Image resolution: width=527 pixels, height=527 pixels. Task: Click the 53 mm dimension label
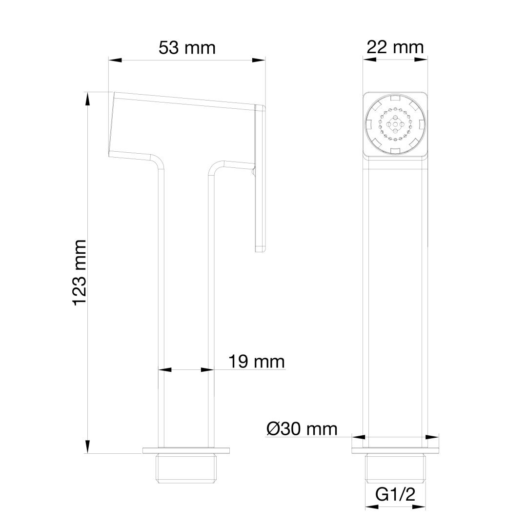click(187, 48)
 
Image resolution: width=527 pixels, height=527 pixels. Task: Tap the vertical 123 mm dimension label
click(79, 273)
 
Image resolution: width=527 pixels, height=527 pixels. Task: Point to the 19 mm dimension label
click(256, 362)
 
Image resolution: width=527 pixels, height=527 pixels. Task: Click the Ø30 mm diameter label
click(302, 429)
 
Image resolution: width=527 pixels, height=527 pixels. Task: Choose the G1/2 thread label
click(395, 495)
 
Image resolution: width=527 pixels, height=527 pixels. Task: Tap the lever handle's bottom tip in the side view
click(261, 249)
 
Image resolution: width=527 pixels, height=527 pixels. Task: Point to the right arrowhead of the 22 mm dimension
click(421, 59)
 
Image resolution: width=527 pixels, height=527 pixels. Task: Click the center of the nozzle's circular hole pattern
click(395, 124)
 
